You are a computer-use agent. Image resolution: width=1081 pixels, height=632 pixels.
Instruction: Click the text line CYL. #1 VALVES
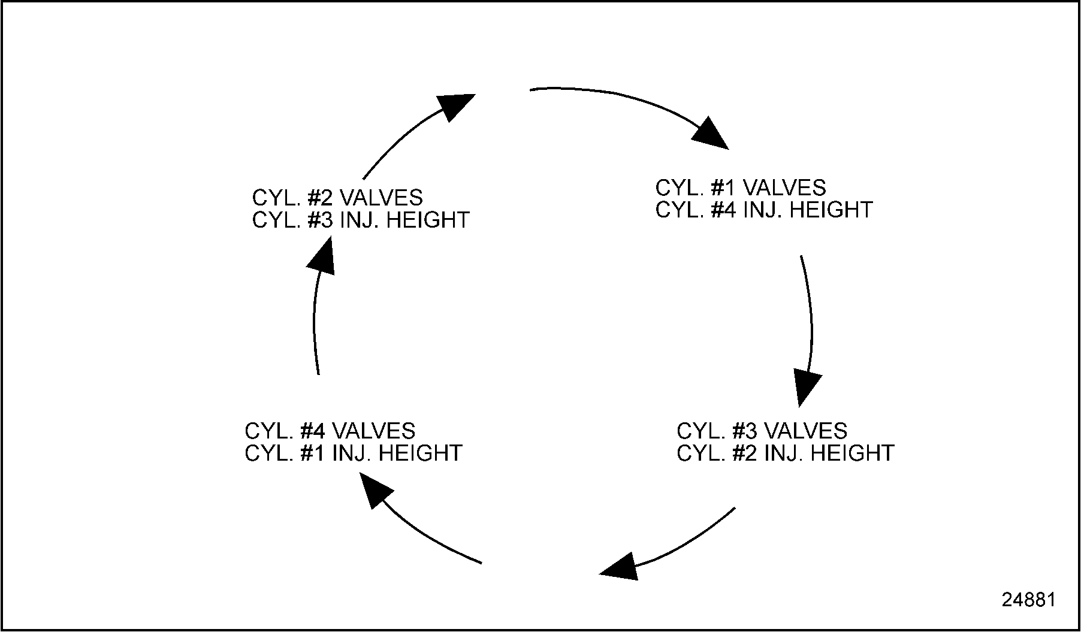pos(740,188)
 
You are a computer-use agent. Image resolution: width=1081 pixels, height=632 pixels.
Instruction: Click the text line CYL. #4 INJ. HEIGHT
pos(763,210)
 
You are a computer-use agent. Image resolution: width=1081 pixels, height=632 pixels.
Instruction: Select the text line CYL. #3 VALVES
pos(762,431)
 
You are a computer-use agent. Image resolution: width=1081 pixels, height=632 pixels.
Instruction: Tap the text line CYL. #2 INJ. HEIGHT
pos(785,453)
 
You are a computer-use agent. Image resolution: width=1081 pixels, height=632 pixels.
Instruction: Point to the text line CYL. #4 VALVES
pos(330,431)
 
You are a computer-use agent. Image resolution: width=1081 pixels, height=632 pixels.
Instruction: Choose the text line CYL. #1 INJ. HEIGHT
pos(353,453)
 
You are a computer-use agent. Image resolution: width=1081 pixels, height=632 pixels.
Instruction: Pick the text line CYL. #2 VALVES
pos(337,197)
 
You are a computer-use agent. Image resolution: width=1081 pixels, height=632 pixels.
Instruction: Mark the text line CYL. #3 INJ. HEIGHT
pos(360,220)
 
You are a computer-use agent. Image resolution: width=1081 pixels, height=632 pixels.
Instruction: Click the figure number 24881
pos(1028,600)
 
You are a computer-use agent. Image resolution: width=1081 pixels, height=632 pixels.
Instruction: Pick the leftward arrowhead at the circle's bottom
pos(620,566)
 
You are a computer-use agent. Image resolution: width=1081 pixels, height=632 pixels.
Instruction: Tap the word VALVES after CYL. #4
pos(373,431)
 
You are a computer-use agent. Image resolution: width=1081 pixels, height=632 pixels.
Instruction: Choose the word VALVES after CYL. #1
pos(784,188)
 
